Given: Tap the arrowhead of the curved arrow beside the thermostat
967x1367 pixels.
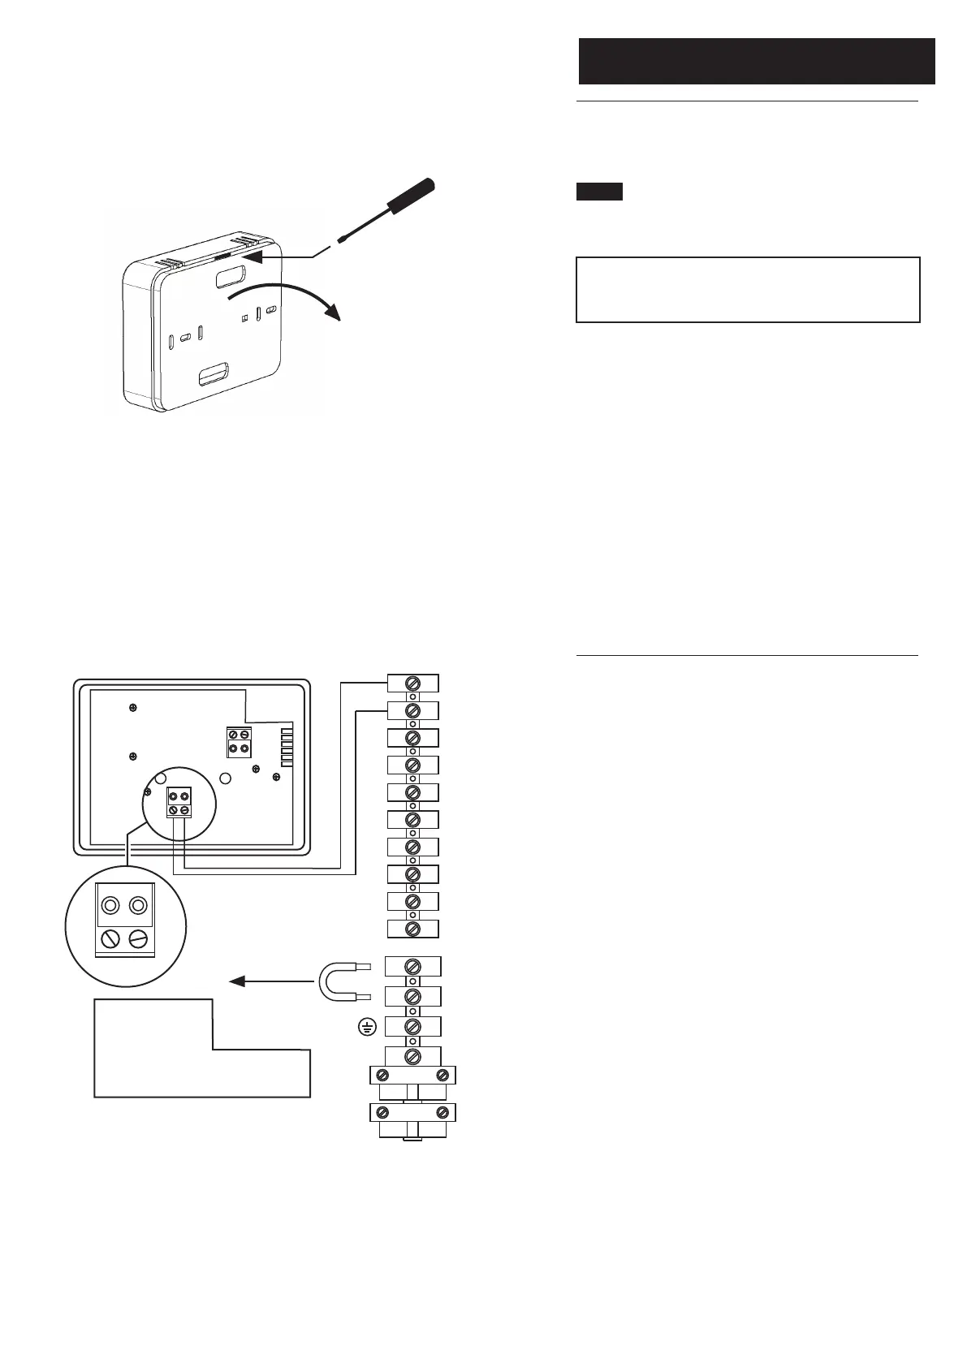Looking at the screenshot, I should (330, 311).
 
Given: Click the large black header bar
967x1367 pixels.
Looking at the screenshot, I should (756, 61).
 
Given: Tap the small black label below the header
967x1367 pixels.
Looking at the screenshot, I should (599, 192).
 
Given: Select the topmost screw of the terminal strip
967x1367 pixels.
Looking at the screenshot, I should (412, 684).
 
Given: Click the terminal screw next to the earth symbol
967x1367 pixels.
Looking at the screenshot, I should (412, 1027).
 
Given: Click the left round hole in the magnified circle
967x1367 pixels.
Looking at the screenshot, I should (109, 905).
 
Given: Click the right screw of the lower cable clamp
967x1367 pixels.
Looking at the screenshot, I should (442, 1112).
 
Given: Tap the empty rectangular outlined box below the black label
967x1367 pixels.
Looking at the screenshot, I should (748, 290).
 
